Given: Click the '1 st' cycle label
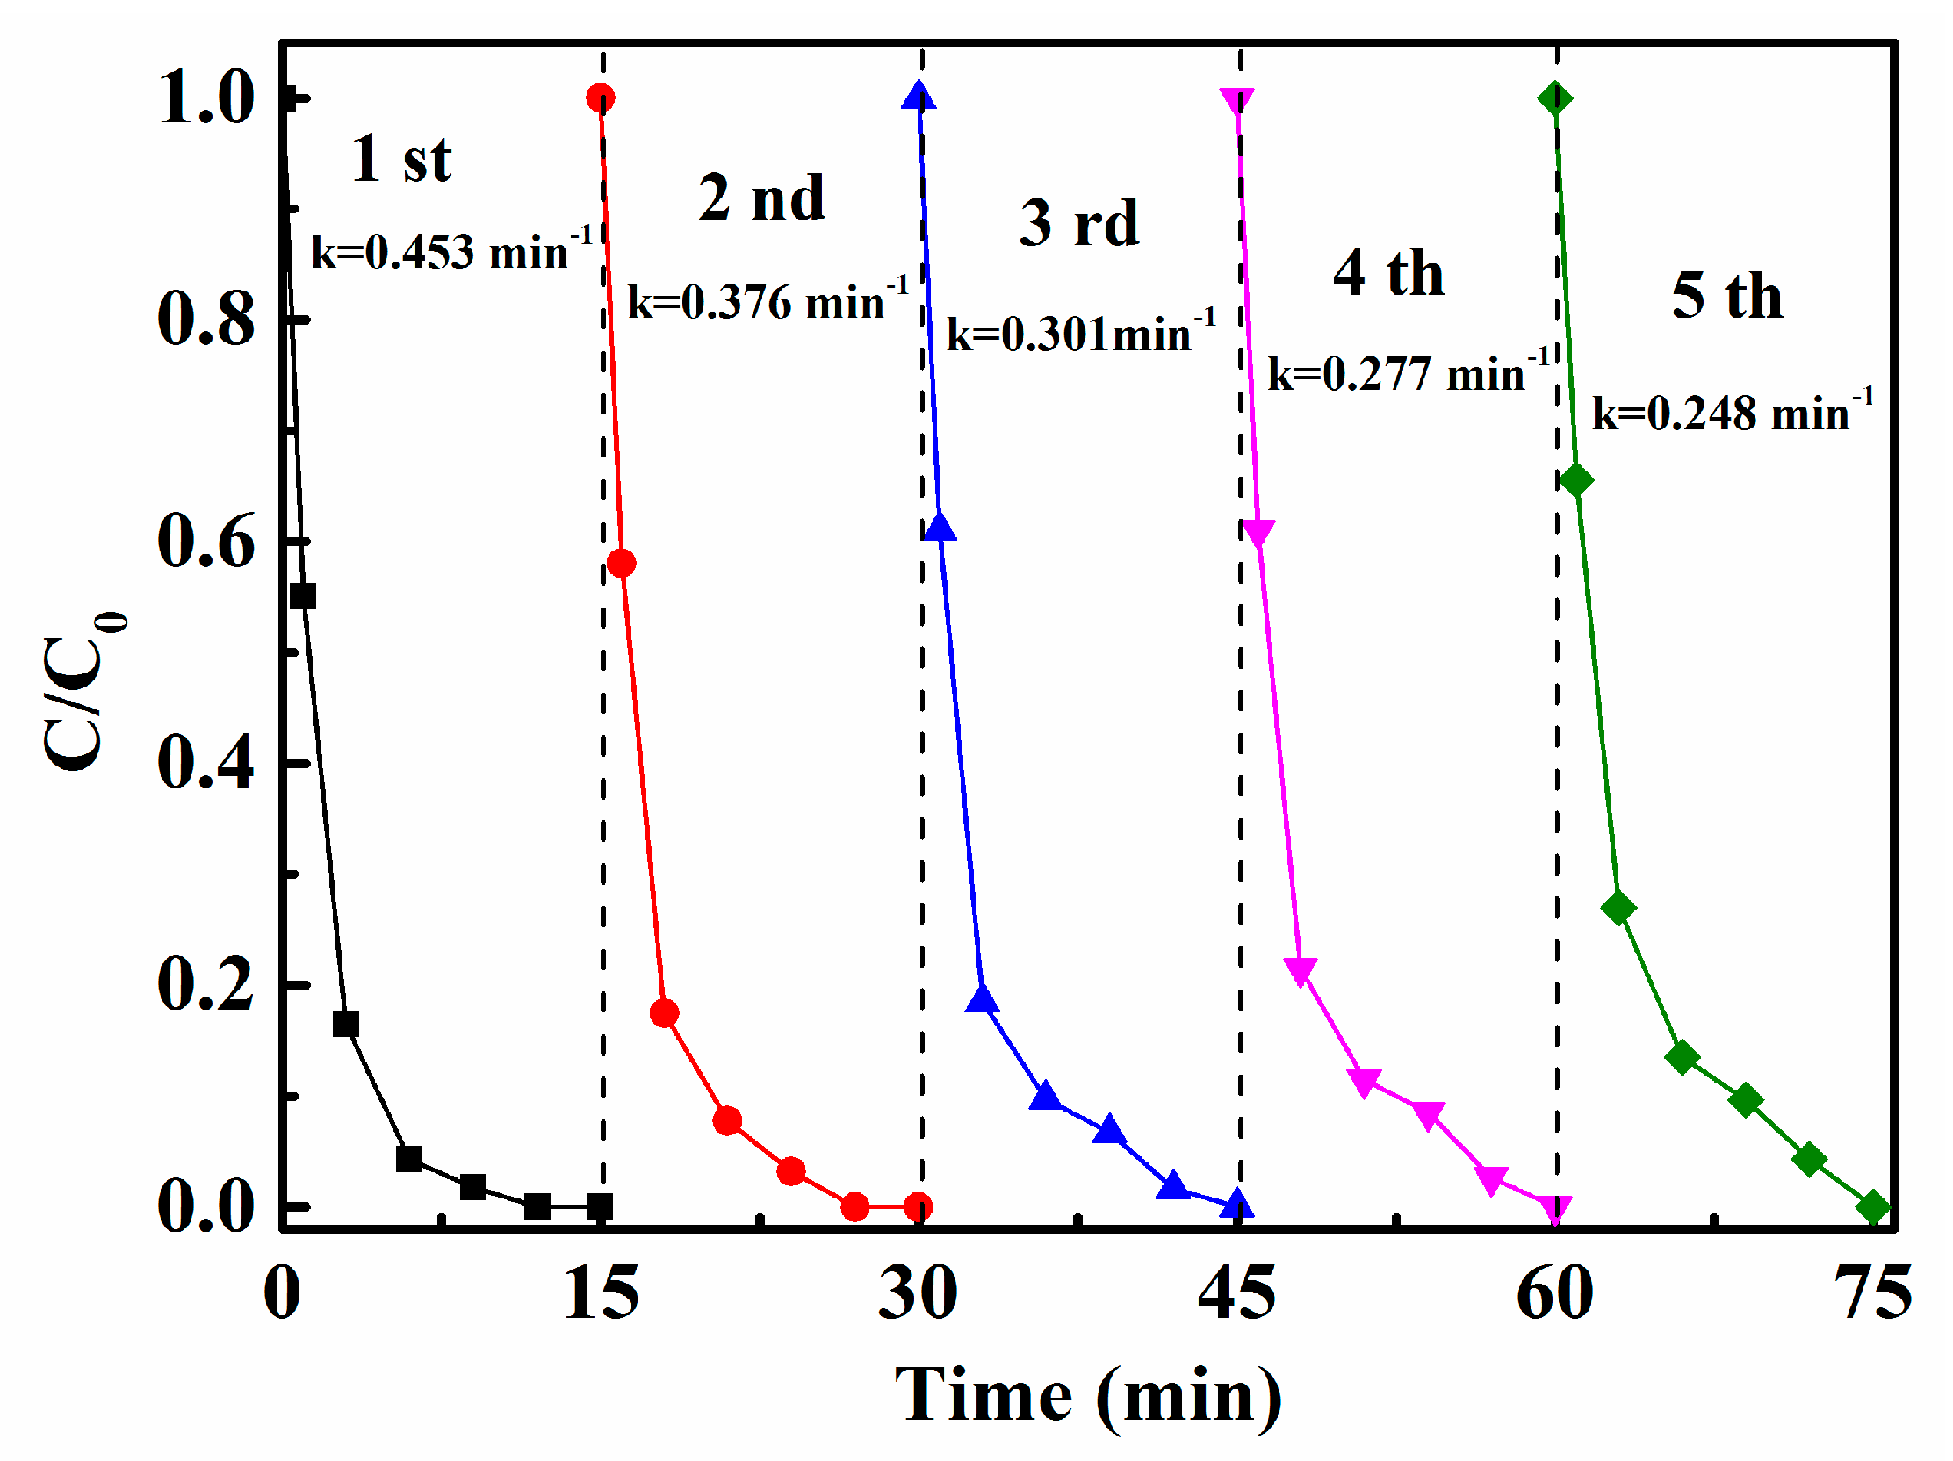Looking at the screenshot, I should click(x=401, y=160).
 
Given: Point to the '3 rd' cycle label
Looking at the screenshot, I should click(x=1079, y=222).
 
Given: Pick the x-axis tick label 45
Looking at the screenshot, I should click(x=1236, y=1294).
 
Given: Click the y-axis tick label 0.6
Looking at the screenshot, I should click(x=206, y=541).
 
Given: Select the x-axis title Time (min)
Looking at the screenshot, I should click(x=1088, y=1396).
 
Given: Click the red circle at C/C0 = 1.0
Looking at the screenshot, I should click(x=601, y=98).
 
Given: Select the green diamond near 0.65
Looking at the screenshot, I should click(x=1576, y=481).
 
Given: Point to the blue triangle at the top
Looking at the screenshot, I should click(x=919, y=96).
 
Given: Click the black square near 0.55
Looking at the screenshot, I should click(x=303, y=596).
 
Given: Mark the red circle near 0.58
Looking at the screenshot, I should click(x=622, y=563).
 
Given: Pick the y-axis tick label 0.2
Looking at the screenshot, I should click(x=206, y=984).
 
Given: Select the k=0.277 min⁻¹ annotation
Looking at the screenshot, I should click(x=1409, y=373).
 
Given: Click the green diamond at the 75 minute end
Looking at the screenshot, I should click(x=1874, y=1206).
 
